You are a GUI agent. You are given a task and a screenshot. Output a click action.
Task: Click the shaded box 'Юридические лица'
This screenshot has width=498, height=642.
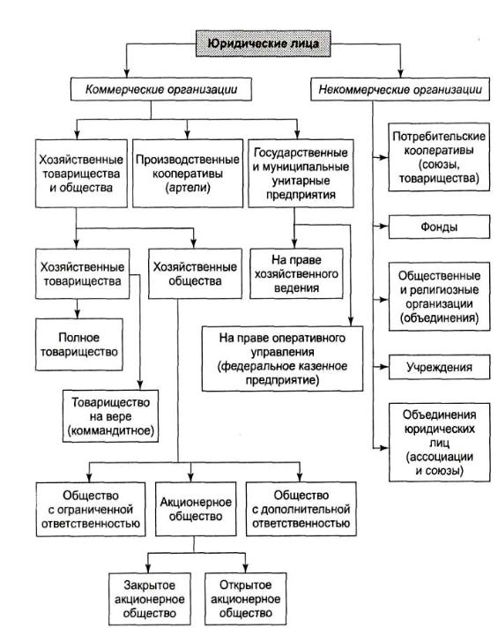[x=264, y=43]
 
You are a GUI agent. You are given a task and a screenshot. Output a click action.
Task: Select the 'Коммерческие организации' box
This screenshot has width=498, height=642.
[x=160, y=90]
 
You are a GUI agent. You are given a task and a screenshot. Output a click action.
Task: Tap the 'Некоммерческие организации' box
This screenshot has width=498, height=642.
[x=400, y=90]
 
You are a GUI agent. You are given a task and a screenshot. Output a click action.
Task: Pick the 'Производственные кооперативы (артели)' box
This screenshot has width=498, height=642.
[x=188, y=173]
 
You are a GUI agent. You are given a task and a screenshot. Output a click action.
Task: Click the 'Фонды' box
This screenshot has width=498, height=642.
[x=439, y=227]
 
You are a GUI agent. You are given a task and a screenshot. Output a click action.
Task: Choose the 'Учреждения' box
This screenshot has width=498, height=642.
[x=439, y=367]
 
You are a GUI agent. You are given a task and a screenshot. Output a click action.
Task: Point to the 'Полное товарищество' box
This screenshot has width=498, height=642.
[x=79, y=345]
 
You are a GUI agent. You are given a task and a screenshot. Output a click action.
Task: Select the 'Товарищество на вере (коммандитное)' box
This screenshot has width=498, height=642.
[x=110, y=416]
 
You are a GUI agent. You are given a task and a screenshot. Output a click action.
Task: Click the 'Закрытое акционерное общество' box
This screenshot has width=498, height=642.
[x=149, y=599]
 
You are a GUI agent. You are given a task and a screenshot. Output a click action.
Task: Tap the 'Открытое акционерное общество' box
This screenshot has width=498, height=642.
[x=245, y=599]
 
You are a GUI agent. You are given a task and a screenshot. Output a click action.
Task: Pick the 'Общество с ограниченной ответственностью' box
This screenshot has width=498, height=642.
[x=91, y=510]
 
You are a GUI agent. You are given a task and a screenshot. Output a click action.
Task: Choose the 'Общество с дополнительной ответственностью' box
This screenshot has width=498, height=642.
[x=301, y=509]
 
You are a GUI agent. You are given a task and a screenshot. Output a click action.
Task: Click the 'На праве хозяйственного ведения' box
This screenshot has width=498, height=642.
[x=296, y=273]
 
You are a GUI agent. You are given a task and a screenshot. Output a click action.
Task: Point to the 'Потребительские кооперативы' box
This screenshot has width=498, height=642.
[x=439, y=157]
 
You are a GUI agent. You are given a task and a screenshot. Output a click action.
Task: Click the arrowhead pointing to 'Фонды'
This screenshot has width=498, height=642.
[x=383, y=226]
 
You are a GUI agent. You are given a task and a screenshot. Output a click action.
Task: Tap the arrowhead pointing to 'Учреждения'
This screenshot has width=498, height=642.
[x=383, y=367]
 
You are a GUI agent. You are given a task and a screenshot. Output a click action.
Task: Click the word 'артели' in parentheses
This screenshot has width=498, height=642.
[x=188, y=188]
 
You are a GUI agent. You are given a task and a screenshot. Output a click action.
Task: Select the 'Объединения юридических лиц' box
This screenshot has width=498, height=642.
[x=439, y=442]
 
